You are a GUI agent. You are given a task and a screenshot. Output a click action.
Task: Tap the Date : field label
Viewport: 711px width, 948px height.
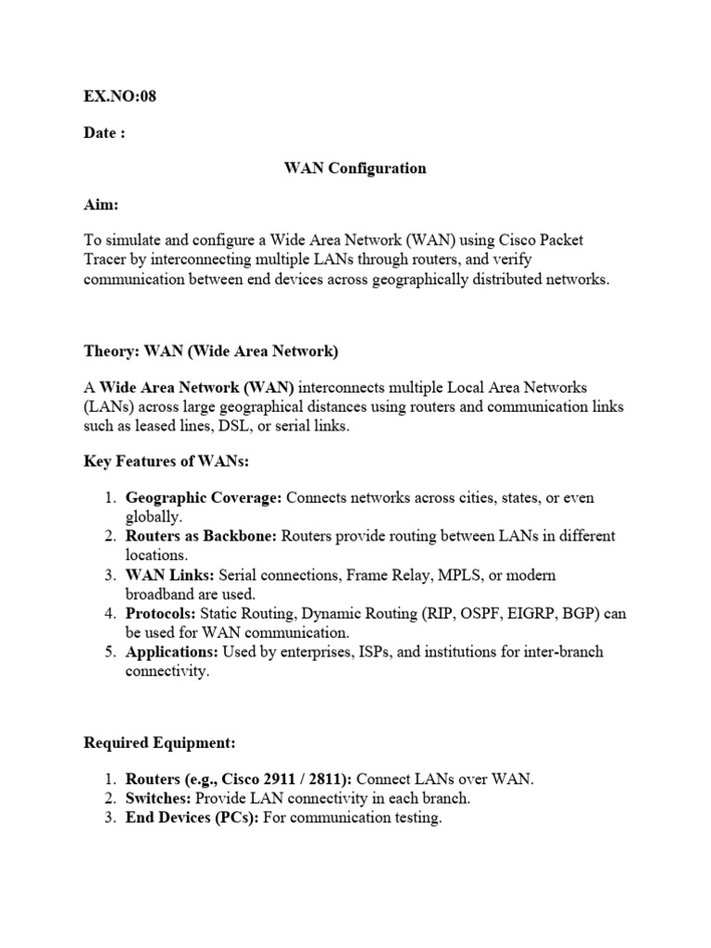click(105, 132)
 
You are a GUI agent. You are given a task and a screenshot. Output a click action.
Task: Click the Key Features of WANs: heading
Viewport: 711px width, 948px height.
click(167, 460)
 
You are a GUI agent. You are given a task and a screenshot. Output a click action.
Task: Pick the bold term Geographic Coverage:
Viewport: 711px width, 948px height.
click(204, 497)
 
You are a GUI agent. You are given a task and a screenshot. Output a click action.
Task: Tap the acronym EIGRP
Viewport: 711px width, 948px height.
click(530, 614)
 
